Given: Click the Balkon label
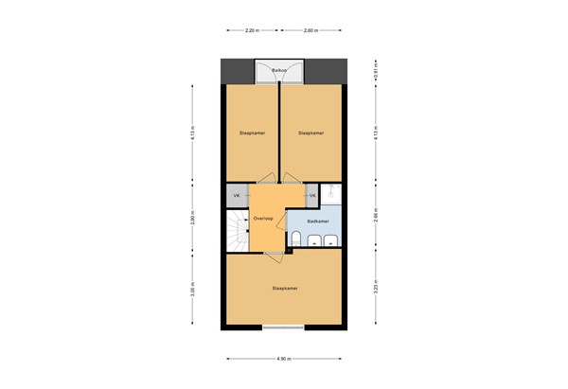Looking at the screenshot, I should click(279, 71).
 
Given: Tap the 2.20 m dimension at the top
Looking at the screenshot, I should click(252, 31).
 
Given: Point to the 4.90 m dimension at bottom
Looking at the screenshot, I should click(283, 360).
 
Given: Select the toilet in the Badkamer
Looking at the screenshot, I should click(297, 237).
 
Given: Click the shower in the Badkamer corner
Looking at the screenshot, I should click(331, 194).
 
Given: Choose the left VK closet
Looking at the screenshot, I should click(236, 195).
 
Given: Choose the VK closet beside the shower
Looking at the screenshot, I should click(311, 195).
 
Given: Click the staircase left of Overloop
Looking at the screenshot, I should click(236, 232).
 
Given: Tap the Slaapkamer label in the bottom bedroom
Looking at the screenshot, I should click(284, 288).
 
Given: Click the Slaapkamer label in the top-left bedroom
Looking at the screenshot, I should click(252, 133).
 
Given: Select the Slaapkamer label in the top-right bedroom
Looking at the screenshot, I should click(311, 133).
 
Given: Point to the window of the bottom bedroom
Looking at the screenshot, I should click(283, 328).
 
